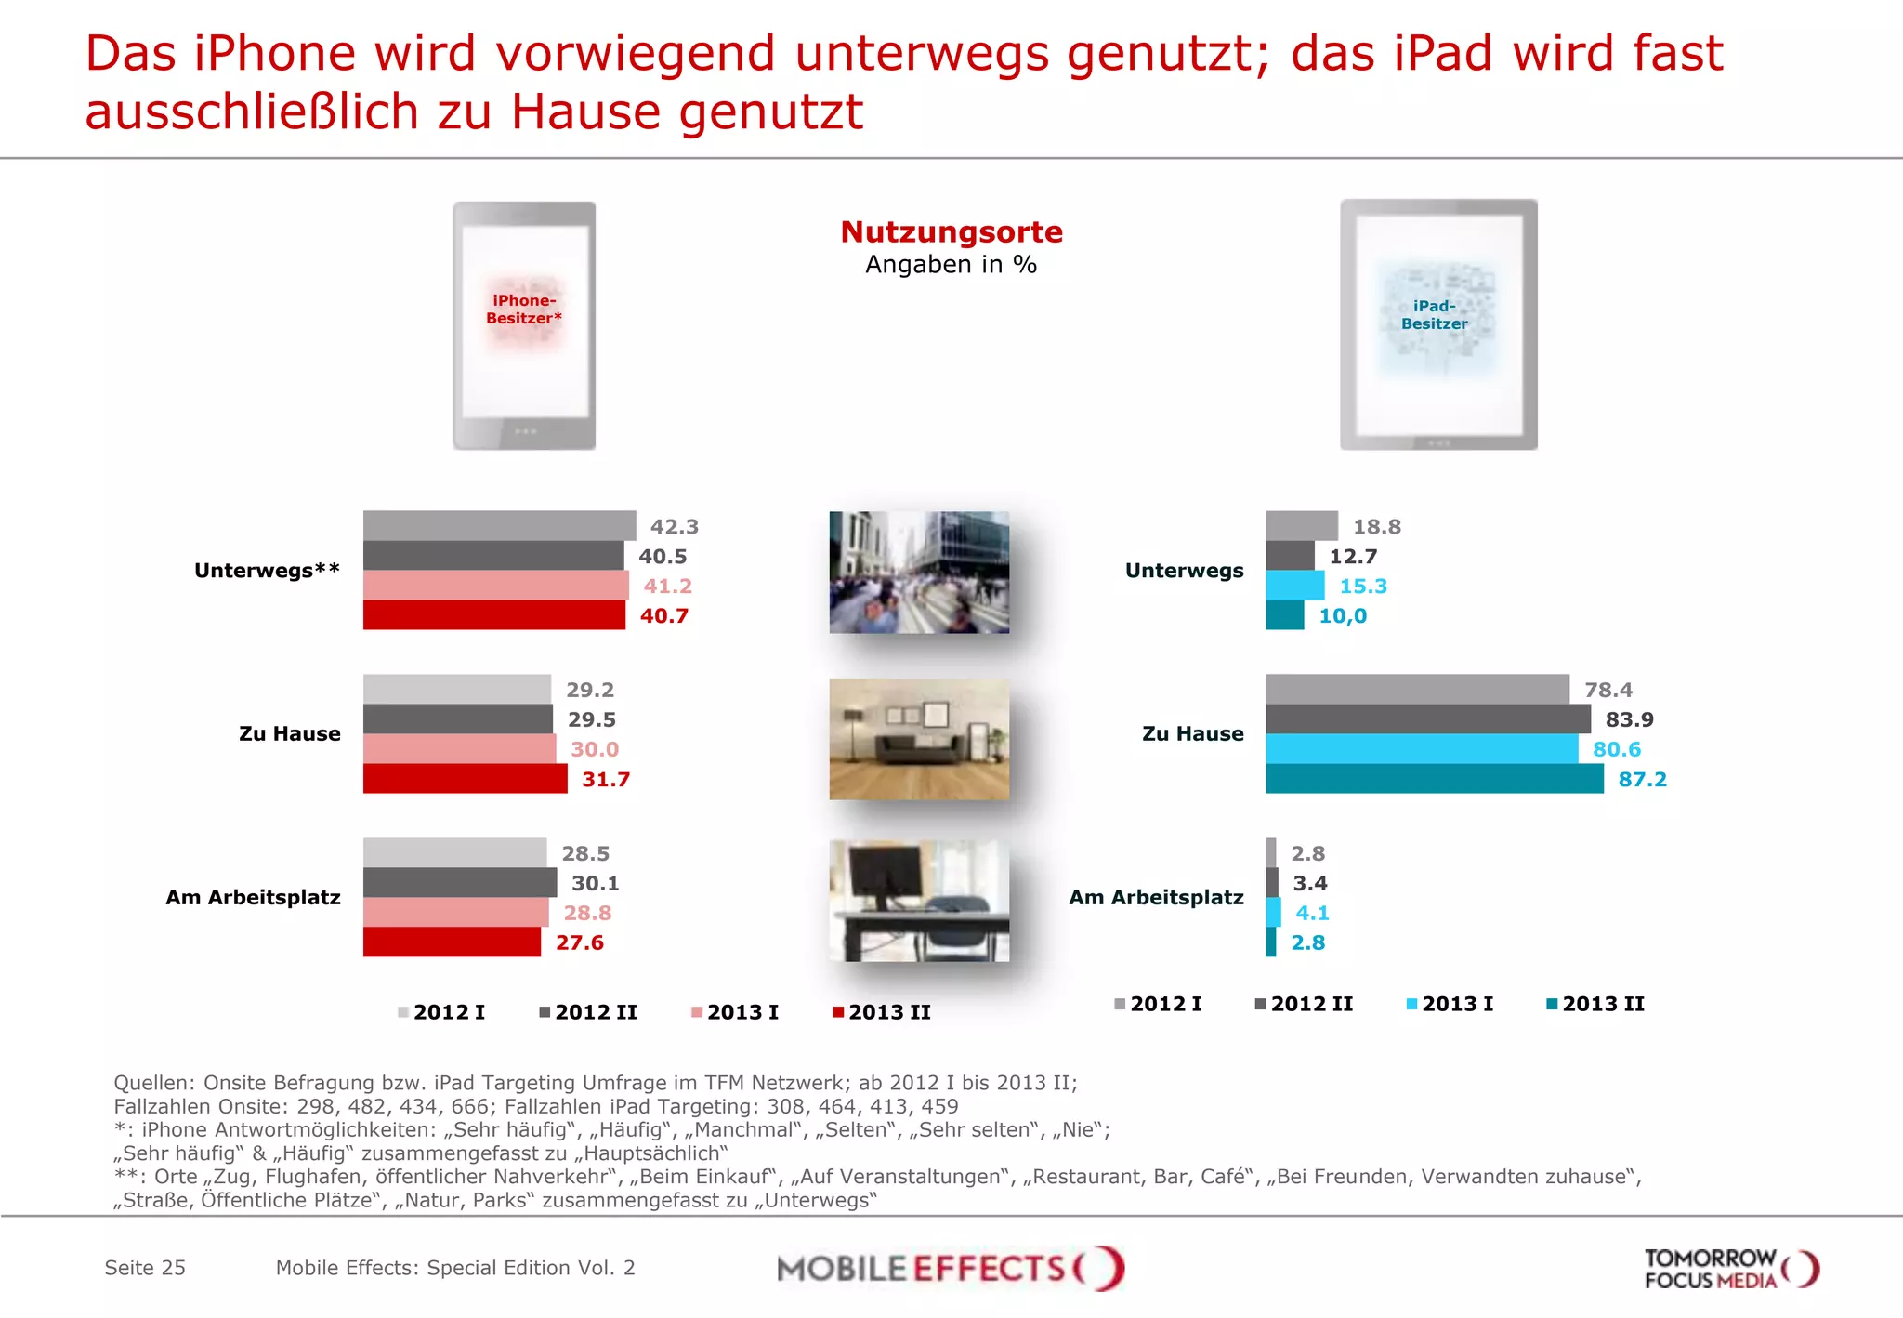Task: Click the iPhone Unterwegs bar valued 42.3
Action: pos(499,525)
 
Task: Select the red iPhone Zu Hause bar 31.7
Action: pos(465,779)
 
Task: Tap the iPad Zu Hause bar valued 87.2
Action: pos(1434,779)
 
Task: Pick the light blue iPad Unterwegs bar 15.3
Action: pos(1294,586)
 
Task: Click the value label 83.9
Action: pos(1629,719)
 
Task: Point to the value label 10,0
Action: pos(1343,615)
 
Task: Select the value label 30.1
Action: pos(595,883)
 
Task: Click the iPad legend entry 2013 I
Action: pos(1450,1004)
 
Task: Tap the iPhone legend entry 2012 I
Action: pos(441,1012)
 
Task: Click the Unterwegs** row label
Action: pos(267,571)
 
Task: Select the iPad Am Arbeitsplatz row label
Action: pos(1156,898)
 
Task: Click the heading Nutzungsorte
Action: pos(951,231)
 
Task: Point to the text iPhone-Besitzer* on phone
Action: pos(524,310)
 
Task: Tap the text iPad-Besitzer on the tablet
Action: pos(1435,315)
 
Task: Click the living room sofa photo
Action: pos(919,739)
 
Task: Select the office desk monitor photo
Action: pos(919,901)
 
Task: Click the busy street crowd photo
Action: pos(919,573)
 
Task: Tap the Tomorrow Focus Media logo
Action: pos(1730,1269)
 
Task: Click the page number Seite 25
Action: pos(145,1268)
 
